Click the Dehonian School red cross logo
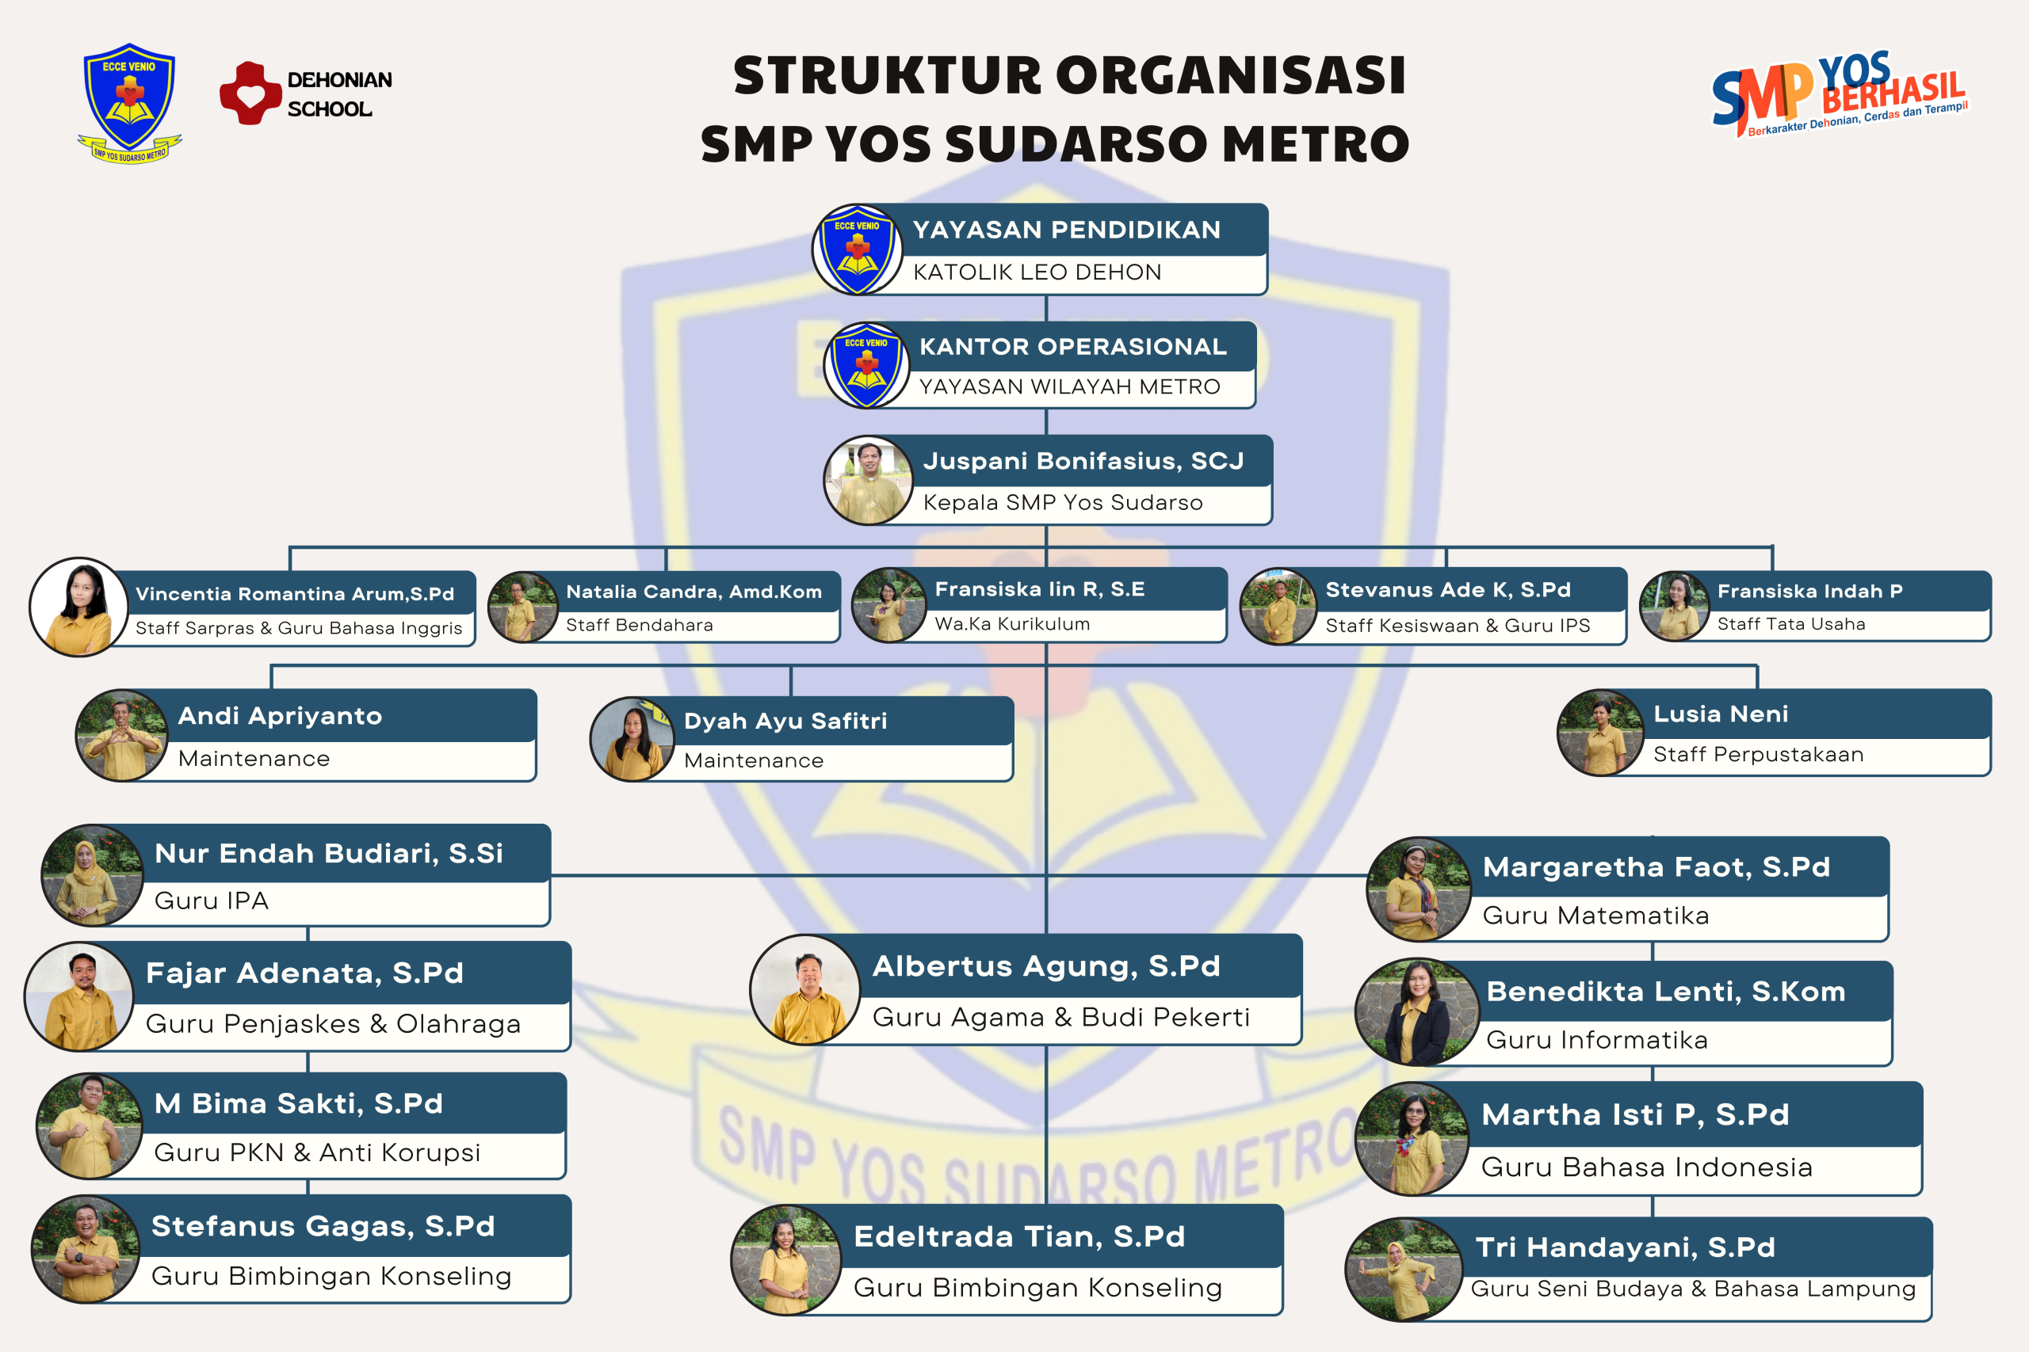[x=250, y=93]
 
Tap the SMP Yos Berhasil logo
[x=1840, y=94]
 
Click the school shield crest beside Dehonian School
[x=129, y=104]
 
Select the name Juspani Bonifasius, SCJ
[x=1083, y=460]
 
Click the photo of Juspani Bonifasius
[x=869, y=480]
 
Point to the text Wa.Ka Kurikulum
[x=1012, y=623]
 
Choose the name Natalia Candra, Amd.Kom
[x=694, y=592]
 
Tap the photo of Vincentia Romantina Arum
[x=78, y=606]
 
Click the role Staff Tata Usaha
[x=1791, y=623]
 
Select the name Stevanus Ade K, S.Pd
[x=1447, y=590]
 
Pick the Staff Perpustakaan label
[x=1758, y=755]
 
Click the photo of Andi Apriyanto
[x=121, y=735]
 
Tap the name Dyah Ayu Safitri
[x=785, y=721]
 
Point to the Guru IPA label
[x=212, y=901]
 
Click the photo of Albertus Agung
[x=805, y=990]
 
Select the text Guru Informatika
[x=1597, y=1040]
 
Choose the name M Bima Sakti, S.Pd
[x=299, y=1103]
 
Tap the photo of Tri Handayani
[x=1404, y=1269]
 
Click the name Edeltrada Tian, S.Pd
[x=1018, y=1236]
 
